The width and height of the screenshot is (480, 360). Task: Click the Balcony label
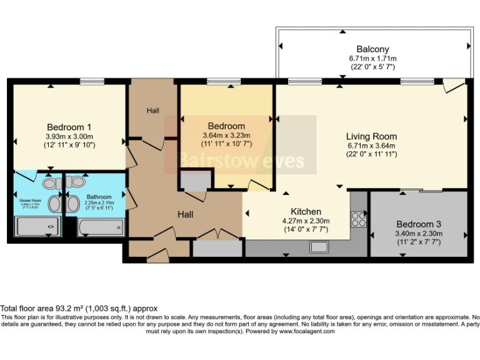click(372, 49)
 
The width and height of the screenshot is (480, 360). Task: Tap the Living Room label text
click(372, 136)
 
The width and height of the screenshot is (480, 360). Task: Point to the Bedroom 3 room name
click(419, 224)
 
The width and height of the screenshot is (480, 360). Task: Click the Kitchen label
click(306, 212)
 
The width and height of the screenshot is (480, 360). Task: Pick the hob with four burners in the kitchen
click(359, 219)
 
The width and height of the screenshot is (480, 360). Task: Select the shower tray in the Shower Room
click(37, 226)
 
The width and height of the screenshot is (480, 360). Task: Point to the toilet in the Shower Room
click(51, 182)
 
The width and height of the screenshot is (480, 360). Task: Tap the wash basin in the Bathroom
click(72, 203)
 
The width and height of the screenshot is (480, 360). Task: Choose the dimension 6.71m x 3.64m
click(372, 146)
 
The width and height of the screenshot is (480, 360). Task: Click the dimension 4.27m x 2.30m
click(306, 221)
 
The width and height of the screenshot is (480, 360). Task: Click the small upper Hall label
click(152, 111)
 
